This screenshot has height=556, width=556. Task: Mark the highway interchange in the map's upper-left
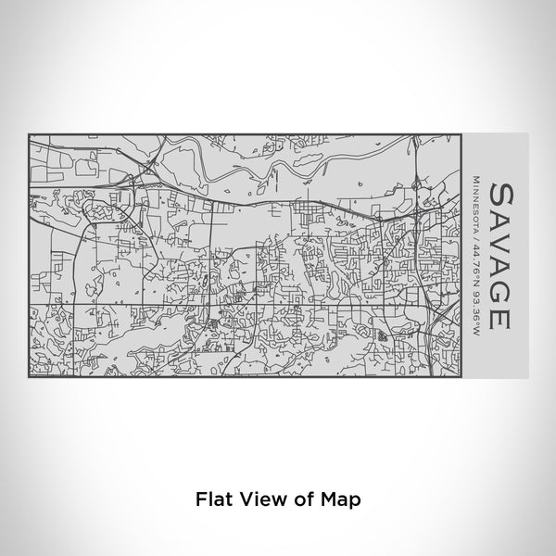144,171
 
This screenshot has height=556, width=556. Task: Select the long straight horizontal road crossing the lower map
232,303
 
